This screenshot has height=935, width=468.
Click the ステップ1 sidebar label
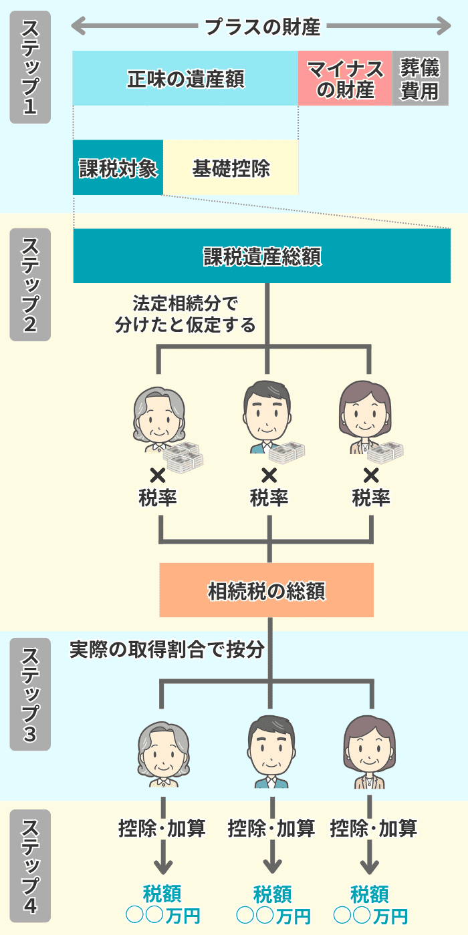coord(30,67)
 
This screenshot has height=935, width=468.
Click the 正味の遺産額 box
coord(185,79)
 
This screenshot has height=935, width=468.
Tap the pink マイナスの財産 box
coord(345,79)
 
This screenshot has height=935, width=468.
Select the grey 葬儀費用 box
coord(420,79)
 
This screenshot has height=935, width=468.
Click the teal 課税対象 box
coord(118,168)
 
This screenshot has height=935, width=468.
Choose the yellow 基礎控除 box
coord(231,168)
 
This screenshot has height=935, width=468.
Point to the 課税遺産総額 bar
coord(262,256)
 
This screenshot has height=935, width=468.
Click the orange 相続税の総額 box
coord(266,590)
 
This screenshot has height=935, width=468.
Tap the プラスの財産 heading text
coord(262,27)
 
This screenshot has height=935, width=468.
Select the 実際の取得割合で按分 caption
coord(167,649)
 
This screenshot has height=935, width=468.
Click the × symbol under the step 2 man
coord(269,475)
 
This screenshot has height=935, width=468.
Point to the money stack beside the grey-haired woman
coord(183,458)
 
